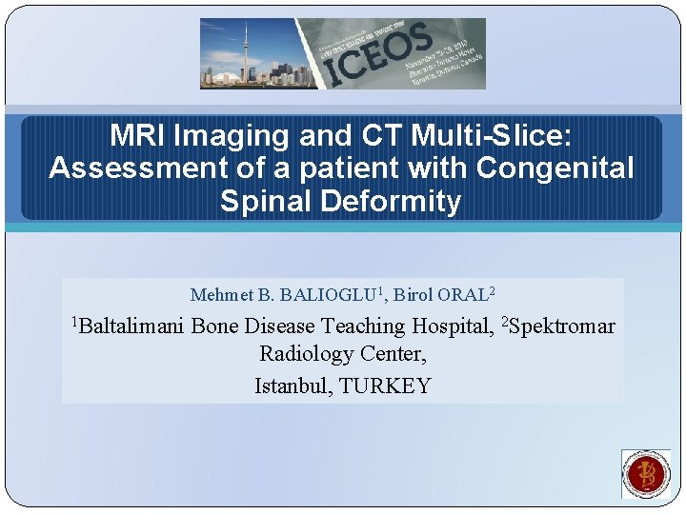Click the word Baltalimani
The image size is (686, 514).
pyautogui.click(x=133, y=327)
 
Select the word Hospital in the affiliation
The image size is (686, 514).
pyautogui.click(x=453, y=327)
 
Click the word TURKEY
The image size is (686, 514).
pyautogui.click(x=385, y=385)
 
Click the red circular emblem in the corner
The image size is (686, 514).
pyautogui.click(x=646, y=473)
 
